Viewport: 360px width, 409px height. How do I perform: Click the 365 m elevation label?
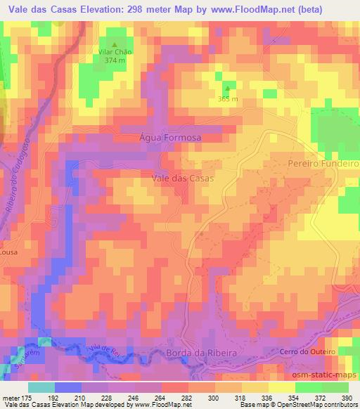pyautogui.click(x=227, y=98)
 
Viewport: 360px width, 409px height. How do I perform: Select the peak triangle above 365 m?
pyautogui.click(x=227, y=88)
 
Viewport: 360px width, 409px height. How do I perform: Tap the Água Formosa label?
pyautogui.click(x=171, y=138)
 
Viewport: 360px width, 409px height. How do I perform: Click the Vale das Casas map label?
pyautogui.click(x=183, y=178)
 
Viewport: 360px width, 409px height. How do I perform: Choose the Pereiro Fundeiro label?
pyautogui.click(x=323, y=162)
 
